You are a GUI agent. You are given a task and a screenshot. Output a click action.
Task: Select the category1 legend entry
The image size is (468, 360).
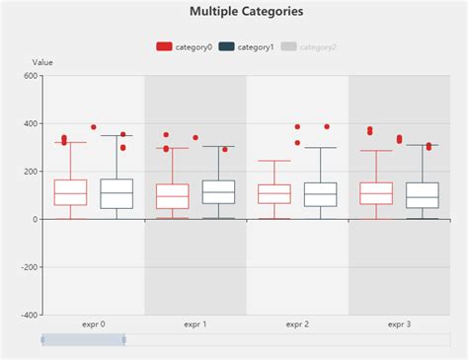pos(246,46)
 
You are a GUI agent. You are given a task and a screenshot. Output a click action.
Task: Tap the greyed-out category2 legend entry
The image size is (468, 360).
pos(308,46)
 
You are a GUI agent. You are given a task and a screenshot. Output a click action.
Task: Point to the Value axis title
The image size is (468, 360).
pos(42,62)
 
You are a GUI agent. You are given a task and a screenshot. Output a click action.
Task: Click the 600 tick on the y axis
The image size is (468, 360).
pos(29,76)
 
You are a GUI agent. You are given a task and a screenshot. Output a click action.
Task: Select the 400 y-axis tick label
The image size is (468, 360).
pos(29,124)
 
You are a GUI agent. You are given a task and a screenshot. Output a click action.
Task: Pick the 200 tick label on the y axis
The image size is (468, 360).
pos(29,172)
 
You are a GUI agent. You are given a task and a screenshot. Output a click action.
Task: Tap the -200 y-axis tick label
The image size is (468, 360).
pos(27,267)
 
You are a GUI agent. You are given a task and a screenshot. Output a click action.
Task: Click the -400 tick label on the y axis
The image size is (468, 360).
pos(27,315)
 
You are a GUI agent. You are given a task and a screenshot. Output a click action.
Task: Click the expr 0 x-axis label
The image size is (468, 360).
pos(93,324)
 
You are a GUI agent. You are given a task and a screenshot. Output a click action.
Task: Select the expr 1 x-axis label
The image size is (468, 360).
pos(195,324)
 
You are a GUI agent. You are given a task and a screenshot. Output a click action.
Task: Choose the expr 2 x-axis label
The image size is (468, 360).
pos(297,324)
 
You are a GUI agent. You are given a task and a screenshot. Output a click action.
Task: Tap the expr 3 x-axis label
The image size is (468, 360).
pos(399,324)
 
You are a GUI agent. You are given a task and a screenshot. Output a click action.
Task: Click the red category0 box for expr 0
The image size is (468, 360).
pos(70,192)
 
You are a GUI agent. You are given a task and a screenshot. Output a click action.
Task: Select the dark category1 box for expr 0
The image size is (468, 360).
pos(117,193)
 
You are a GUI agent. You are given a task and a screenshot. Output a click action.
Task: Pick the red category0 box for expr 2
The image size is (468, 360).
pos(274,193)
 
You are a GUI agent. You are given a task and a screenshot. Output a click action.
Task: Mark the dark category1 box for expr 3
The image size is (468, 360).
pos(422,195)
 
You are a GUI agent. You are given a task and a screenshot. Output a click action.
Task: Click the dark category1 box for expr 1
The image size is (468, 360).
pos(218,191)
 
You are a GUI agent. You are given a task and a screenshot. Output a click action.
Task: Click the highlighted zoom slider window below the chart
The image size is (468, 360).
pos(83,339)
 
